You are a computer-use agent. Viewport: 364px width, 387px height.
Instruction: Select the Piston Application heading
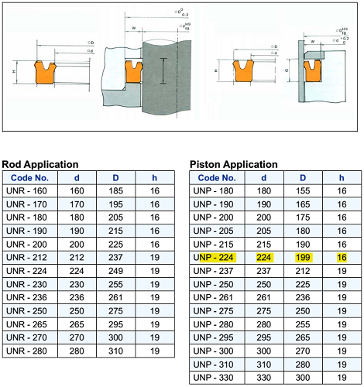[x=233, y=164]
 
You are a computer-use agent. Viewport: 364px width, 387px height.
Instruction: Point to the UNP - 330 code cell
[x=215, y=376]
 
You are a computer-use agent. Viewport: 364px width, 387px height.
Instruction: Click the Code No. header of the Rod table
[x=29, y=177]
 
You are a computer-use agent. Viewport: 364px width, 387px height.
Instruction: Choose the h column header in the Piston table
[x=341, y=177]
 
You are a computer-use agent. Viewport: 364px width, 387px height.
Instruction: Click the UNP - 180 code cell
[x=215, y=190]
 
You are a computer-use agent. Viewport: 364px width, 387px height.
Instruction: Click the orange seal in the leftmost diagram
[x=45, y=73]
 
